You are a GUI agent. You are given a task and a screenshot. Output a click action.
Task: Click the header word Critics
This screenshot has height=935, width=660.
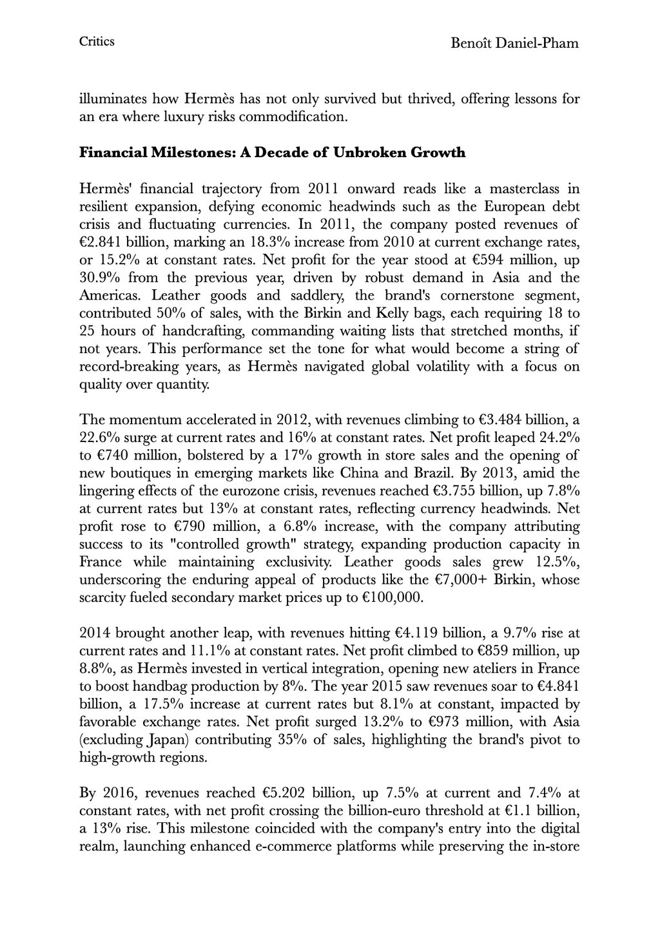[x=97, y=42]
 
